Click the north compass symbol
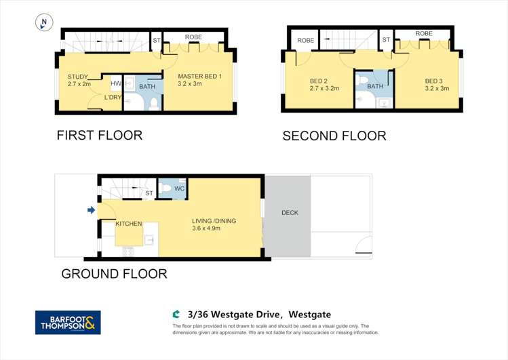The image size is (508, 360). pyautogui.click(x=44, y=22)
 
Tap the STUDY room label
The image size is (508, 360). pyautogui.click(x=78, y=77)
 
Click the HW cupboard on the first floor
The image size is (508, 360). pyautogui.click(x=116, y=83)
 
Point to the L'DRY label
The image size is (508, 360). pyautogui.click(x=113, y=98)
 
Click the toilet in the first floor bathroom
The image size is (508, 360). pyautogui.click(x=153, y=103)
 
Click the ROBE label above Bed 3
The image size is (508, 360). pyautogui.click(x=424, y=33)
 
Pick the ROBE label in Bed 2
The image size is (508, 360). pyautogui.click(x=306, y=41)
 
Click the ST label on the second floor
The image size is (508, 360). pyautogui.click(x=386, y=40)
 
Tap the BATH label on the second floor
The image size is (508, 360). pyautogui.click(x=375, y=86)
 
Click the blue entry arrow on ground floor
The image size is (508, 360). pyautogui.click(x=91, y=211)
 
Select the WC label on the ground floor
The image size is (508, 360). pyautogui.click(x=180, y=188)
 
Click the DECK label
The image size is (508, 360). pyautogui.click(x=290, y=213)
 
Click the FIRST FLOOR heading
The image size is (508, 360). pyautogui.click(x=99, y=135)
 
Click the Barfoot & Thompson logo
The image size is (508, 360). pyautogui.click(x=68, y=322)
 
